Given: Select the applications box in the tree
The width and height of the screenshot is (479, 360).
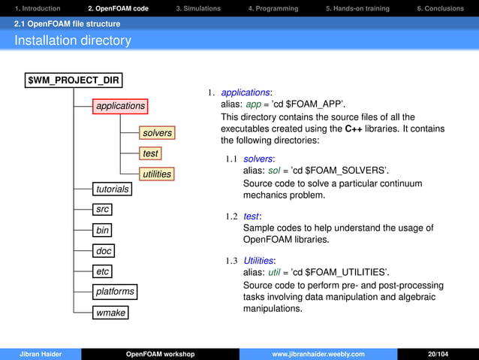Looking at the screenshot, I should (x=120, y=106).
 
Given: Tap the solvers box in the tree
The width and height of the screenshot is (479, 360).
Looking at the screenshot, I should (x=157, y=133).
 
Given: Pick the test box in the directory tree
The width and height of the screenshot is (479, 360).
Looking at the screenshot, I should (x=150, y=153).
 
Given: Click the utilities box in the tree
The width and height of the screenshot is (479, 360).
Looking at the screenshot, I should (x=157, y=174).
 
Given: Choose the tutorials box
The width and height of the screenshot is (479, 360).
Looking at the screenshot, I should (x=112, y=189).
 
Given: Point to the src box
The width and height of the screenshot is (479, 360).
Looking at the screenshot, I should (x=103, y=209).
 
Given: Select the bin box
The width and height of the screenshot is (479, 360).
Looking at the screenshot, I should (x=103, y=229).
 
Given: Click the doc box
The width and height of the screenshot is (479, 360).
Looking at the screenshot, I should (x=104, y=250).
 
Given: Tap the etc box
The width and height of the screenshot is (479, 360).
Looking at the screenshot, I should (x=103, y=271).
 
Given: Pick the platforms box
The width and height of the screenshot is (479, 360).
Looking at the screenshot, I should (x=115, y=291).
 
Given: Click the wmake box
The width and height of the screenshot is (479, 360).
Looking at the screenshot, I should (x=110, y=312).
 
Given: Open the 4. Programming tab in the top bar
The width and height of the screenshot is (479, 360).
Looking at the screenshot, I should (x=273, y=8).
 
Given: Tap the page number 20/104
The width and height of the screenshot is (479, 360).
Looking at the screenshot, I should (x=438, y=354).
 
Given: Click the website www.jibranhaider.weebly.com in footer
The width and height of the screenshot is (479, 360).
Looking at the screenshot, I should (x=318, y=354).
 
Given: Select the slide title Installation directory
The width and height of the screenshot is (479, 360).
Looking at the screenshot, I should (x=73, y=41).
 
